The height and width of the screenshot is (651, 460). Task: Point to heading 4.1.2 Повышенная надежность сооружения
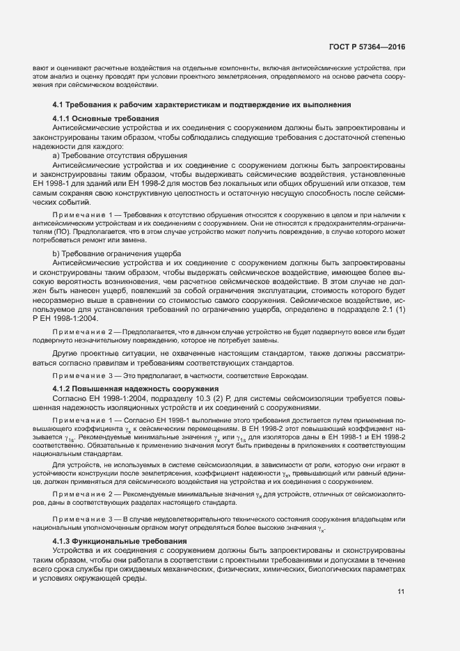[x=125, y=387]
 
